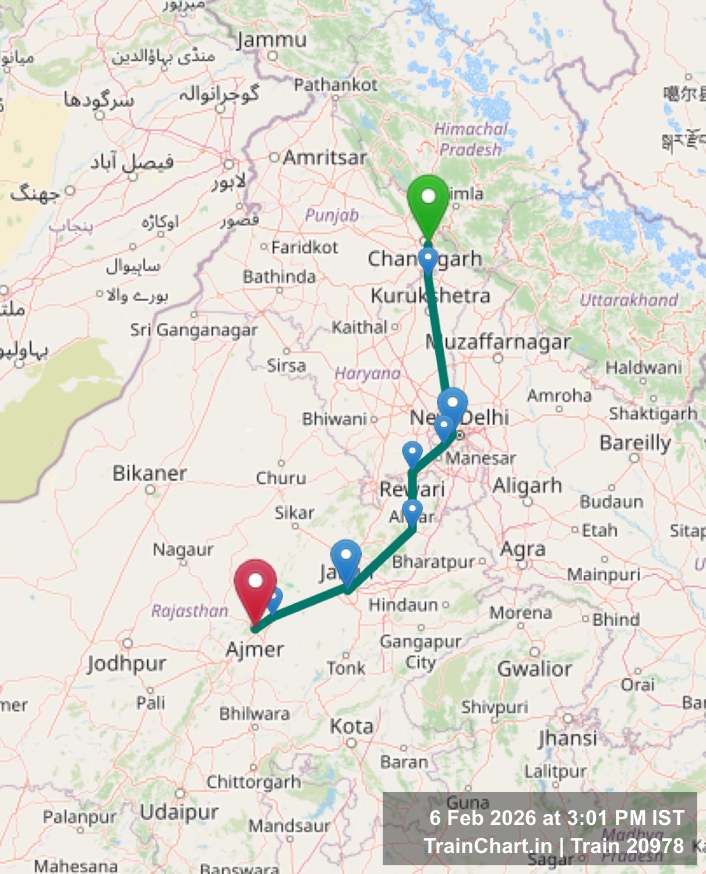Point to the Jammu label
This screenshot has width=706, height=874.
[271, 40]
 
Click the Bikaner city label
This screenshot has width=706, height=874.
[150, 473]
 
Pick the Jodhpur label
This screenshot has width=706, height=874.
[127, 663]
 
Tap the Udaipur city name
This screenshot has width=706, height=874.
[179, 812]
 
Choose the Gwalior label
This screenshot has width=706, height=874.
[534, 668]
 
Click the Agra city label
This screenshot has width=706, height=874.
[523, 549]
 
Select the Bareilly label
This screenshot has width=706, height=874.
[635, 443]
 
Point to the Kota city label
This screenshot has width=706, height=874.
[351, 727]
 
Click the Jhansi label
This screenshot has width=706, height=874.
[567, 738]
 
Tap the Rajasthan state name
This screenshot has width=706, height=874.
[190, 611]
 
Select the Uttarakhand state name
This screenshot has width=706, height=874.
[629, 300]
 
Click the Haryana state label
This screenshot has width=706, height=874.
[368, 373]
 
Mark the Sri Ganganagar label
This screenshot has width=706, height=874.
[193, 330]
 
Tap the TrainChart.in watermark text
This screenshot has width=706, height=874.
[488, 846]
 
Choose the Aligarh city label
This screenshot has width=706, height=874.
[527, 485]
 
